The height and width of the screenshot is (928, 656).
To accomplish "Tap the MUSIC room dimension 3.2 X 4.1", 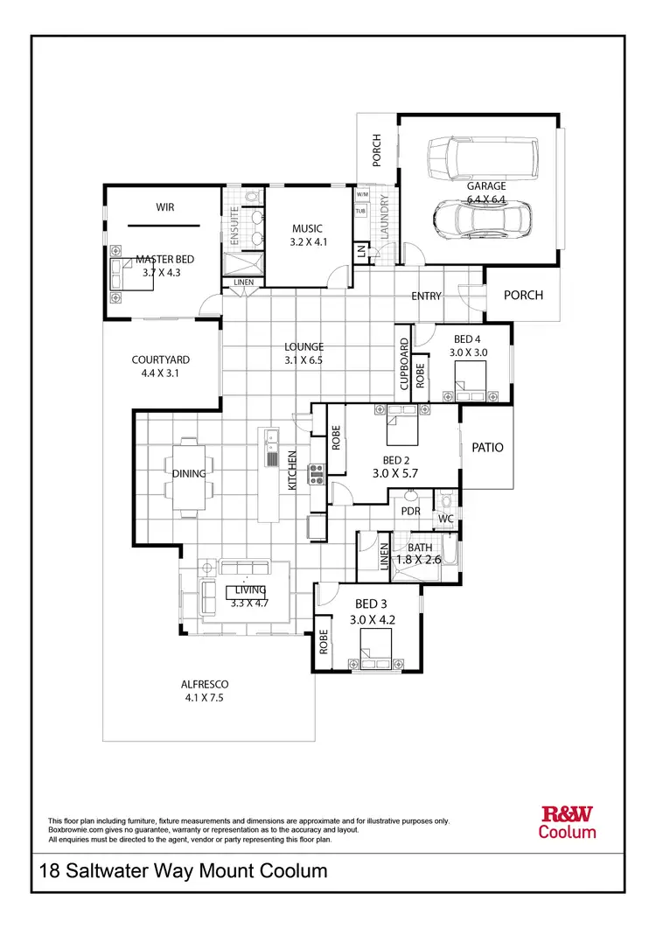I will click(x=308, y=242).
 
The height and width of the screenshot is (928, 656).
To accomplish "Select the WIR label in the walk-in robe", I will click(x=165, y=207).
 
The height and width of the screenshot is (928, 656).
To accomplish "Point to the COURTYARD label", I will click(x=161, y=359).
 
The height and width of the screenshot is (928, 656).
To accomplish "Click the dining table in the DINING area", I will click(x=189, y=474).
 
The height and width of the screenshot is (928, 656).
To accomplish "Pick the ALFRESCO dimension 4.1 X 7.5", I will click(x=206, y=698).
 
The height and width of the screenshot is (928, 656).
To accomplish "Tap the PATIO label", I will click(x=488, y=447).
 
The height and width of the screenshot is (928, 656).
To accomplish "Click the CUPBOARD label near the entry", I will click(x=404, y=363).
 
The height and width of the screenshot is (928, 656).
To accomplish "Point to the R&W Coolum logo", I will click(x=568, y=823).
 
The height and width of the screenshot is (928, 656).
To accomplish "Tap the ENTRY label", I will click(x=426, y=297).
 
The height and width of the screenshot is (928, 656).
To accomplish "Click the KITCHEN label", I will click(x=293, y=469).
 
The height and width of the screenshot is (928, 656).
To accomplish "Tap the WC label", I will click(x=445, y=519).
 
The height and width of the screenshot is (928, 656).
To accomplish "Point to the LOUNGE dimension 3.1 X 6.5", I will click(x=304, y=359).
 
